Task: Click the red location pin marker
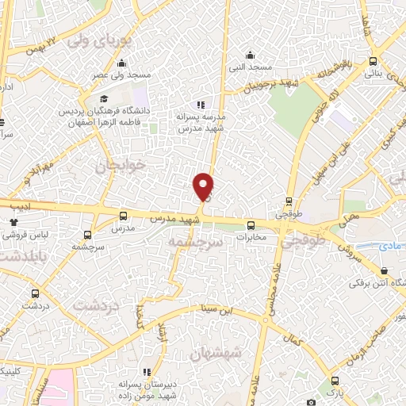[204, 186]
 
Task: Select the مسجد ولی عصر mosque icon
[121, 64]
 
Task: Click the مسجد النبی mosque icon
[251, 55]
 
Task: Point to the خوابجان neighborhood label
[122, 167]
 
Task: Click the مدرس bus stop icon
[123, 216]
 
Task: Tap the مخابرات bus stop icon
[251, 224]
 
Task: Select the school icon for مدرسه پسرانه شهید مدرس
[201, 104]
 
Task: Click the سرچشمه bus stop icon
[87, 235]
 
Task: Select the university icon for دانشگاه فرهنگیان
[56, 112]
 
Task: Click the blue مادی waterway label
[393, 248]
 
